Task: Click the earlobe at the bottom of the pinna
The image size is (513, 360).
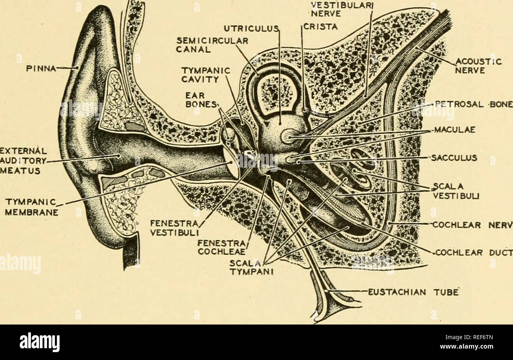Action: pyautogui.click(x=109, y=237)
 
